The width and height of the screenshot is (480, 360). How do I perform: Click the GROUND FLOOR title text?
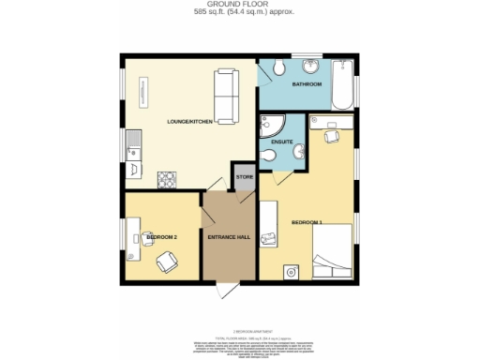[239, 6]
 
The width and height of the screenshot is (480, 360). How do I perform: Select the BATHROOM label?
[307, 84]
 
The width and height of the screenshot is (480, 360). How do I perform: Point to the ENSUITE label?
[282, 142]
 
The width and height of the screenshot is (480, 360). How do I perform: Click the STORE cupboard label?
[244, 177]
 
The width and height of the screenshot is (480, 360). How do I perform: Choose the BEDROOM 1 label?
[307, 222]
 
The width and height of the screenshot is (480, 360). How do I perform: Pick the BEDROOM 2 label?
[162, 237]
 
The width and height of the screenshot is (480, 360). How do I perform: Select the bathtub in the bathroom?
[342, 80]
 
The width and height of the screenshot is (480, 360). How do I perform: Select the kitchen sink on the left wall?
[133, 146]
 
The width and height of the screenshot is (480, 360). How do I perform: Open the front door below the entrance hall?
[222, 286]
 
